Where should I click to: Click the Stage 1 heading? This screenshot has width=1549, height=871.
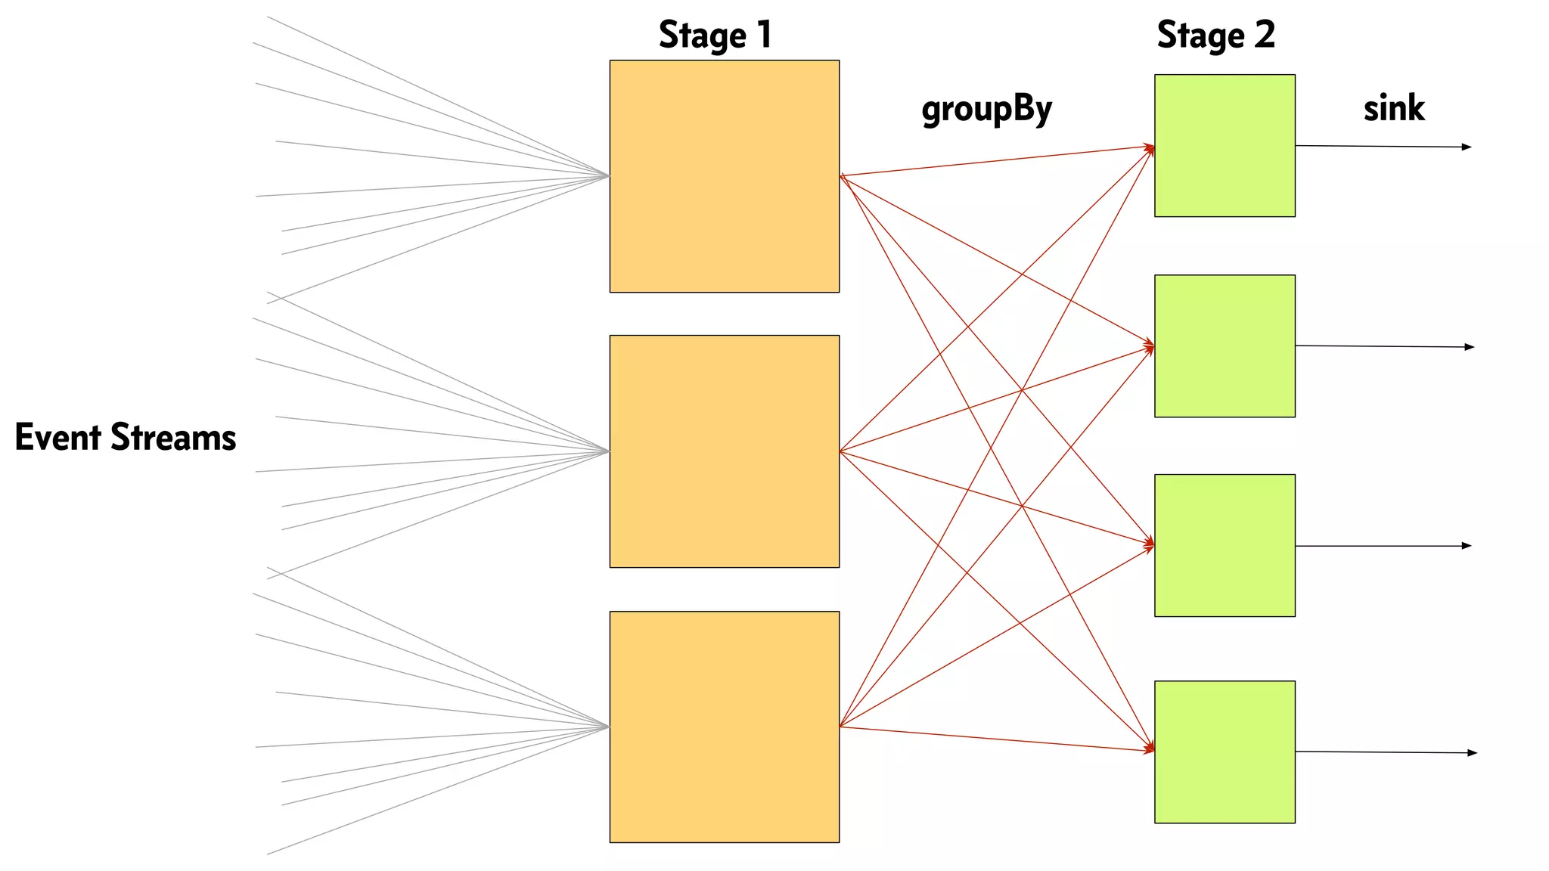[715, 36]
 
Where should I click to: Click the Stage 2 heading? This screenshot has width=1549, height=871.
[1215, 36]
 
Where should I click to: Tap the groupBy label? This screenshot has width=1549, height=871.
[986, 110]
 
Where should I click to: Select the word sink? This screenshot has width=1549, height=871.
[1394, 108]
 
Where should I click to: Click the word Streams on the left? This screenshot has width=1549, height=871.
[173, 437]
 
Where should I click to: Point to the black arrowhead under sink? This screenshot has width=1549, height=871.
[1467, 147]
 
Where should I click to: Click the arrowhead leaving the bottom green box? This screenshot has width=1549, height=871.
[1472, 753]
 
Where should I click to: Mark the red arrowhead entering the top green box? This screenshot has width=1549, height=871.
[1150, 148]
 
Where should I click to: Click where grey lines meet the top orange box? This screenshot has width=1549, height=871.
[608, 176]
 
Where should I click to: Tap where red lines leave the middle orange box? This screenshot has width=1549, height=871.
[841, 451]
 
